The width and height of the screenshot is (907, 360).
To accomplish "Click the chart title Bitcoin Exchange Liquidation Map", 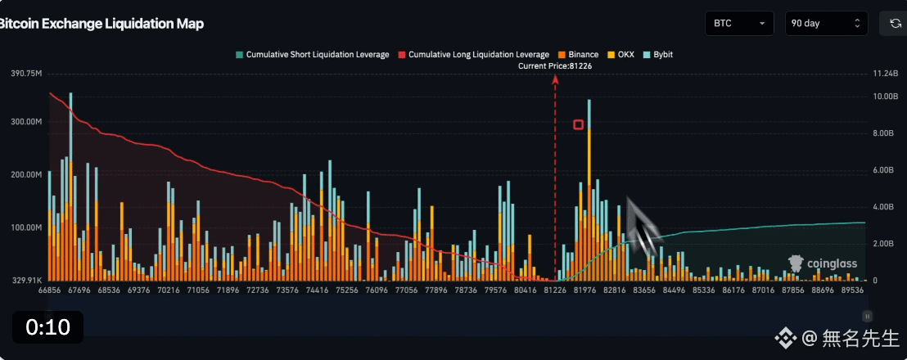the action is [x=102, y=25].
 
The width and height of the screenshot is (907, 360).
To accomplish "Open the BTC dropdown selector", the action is [x=739, y=23].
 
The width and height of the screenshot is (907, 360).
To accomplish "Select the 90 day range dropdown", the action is [x=826, y=23].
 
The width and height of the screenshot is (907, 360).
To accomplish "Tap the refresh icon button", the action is [x=894, y=23].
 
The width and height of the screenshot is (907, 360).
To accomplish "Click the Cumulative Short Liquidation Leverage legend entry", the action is [x=313, y=55].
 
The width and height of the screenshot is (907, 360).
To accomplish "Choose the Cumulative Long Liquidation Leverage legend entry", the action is [x=474, y=55].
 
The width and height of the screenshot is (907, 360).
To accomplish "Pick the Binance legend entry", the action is [x=578, y=55].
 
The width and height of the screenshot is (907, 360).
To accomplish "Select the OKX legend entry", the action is [x=620, y=55].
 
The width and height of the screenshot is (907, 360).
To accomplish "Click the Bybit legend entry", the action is [x=657, y=55].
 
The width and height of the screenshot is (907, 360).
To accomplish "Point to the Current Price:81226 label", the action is [x=555, y=66].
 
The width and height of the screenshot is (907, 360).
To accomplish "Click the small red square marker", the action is [x=578, y=125].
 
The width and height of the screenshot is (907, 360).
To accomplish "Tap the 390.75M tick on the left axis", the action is [x=26, y=74].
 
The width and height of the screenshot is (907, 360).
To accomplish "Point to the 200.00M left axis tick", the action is [x=27, y=174].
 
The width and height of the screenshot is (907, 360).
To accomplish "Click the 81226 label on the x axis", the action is [x=555, y=290].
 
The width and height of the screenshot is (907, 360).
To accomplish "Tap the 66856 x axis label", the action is [x=49, y=290].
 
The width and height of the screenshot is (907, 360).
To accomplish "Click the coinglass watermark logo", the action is [x=823, y=263].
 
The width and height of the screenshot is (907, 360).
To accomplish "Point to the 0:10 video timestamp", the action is [x=48, y=327].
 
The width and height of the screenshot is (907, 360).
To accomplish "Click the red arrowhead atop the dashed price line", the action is [x=555, y=79].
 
